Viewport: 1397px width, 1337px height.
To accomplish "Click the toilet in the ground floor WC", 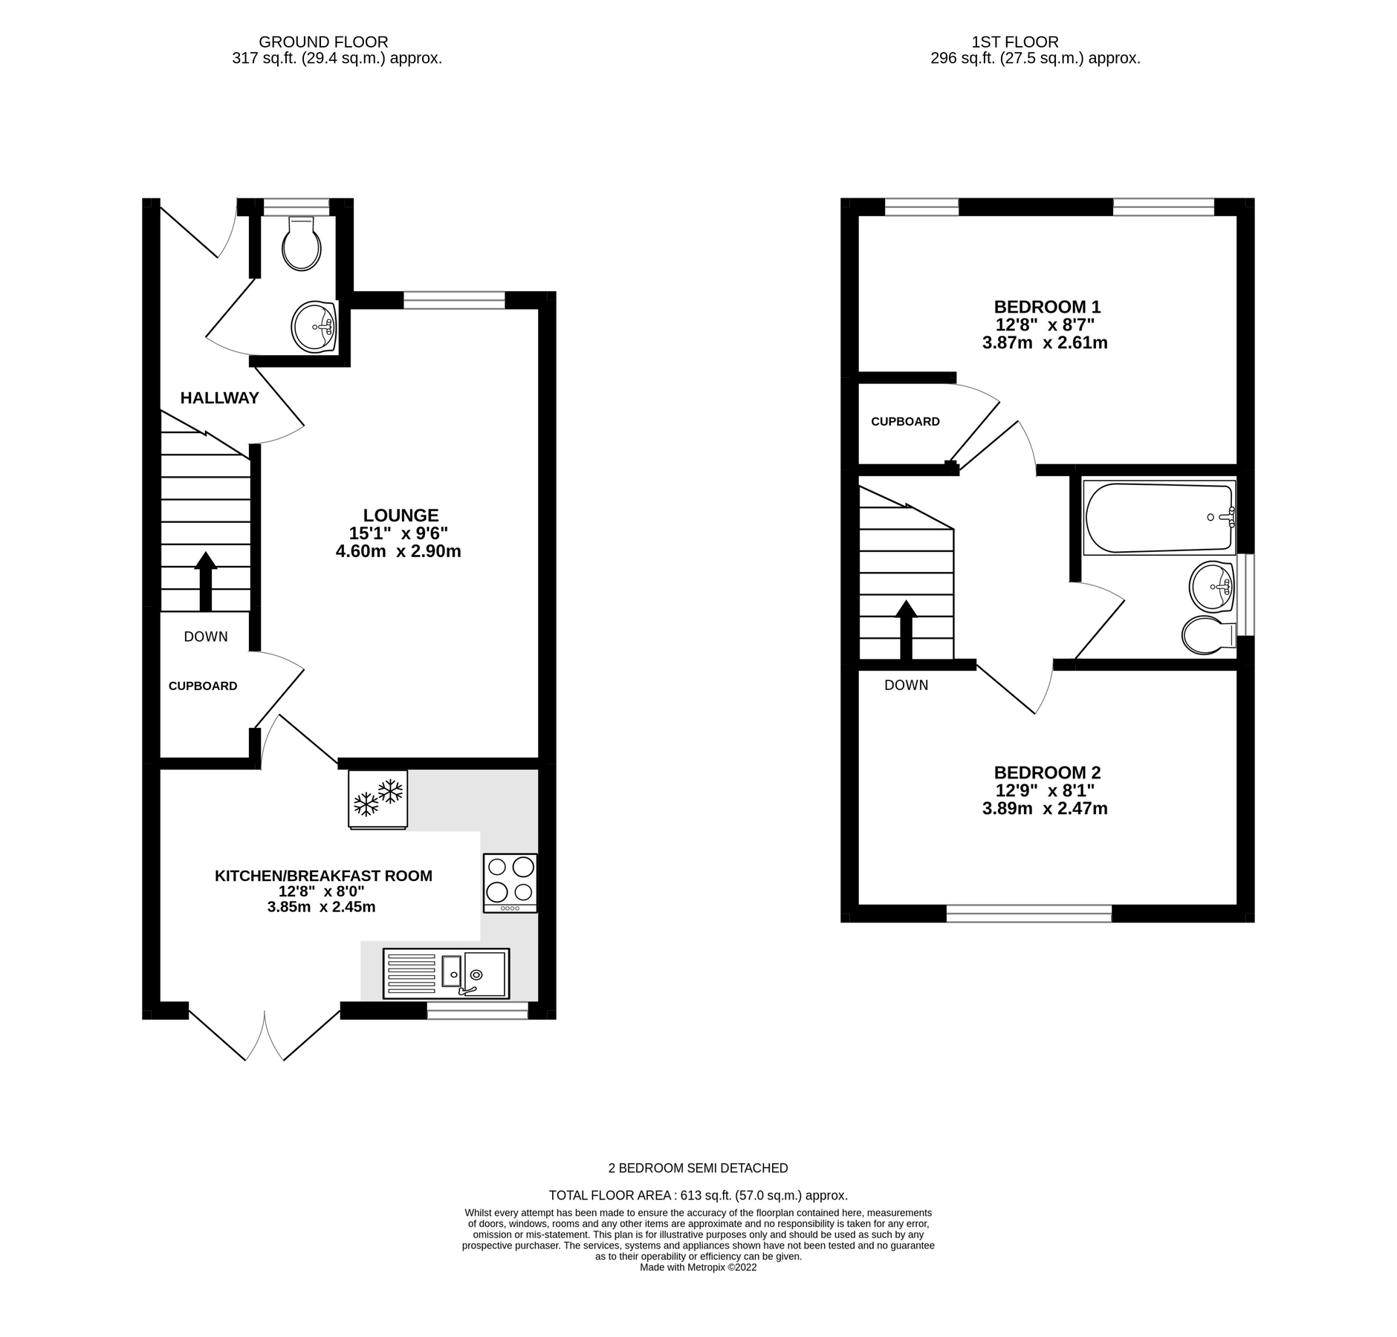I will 301,244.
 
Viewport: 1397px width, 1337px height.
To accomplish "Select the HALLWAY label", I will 219,398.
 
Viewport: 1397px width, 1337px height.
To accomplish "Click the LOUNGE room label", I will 401,515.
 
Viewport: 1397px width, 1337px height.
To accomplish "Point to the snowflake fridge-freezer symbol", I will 377,798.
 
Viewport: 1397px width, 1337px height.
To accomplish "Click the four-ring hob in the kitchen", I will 510,882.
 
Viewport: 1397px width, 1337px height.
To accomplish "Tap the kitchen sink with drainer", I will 446,972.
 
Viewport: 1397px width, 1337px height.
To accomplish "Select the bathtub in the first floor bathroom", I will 1158,517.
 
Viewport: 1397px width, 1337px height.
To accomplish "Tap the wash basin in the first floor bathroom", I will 1211,587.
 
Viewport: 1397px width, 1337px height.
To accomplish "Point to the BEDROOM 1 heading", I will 1047,307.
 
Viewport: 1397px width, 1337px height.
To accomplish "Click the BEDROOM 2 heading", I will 1047,772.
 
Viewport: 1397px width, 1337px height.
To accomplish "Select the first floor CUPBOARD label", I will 905,422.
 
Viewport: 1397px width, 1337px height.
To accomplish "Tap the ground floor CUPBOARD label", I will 203,686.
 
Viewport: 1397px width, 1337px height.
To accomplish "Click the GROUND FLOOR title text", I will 323,42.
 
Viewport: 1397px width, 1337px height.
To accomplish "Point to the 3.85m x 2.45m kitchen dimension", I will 321,907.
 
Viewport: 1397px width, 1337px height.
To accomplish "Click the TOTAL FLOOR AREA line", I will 698,1217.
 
